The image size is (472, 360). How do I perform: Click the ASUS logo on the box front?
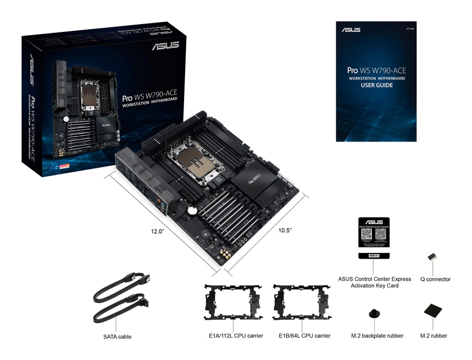tap(165, 45)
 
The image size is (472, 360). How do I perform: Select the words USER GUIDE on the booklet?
tap(377, 85)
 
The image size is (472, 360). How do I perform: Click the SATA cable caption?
tap(117, 337)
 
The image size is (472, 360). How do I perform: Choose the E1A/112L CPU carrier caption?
tap(233, 336)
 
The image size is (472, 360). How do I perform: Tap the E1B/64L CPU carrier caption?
tap(304, 336)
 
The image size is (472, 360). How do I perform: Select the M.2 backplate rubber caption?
tap(377, 336)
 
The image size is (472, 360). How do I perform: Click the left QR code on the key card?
tap(366, 233)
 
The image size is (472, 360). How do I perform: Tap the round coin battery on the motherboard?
tap(191, 210)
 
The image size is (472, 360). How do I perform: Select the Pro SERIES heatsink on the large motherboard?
tap(255, 182)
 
